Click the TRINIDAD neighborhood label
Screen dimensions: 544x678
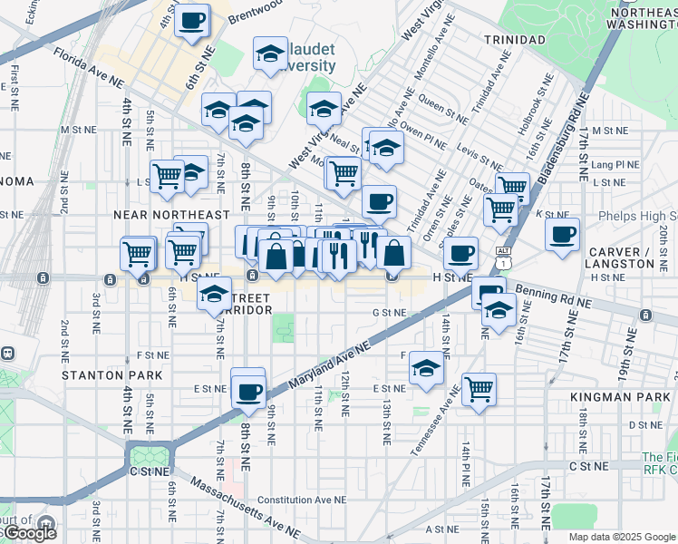(514, 40)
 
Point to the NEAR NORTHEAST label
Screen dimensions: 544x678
(171, 215)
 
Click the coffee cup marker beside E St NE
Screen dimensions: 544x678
(248, 391)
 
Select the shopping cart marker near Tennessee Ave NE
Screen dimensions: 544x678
(479, 389)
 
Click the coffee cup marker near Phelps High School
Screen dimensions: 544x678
(563, 234)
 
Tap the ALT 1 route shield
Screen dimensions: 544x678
(504, 252)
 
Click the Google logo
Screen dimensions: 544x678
(30, 533)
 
